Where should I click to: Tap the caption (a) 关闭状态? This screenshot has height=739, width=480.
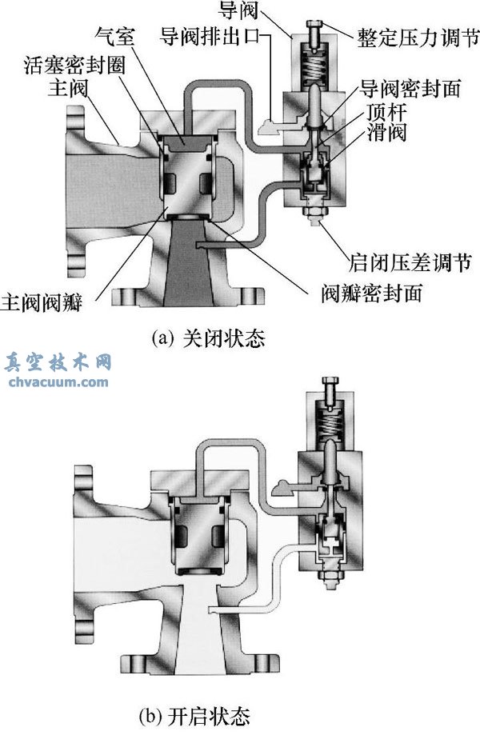(208, 338)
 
